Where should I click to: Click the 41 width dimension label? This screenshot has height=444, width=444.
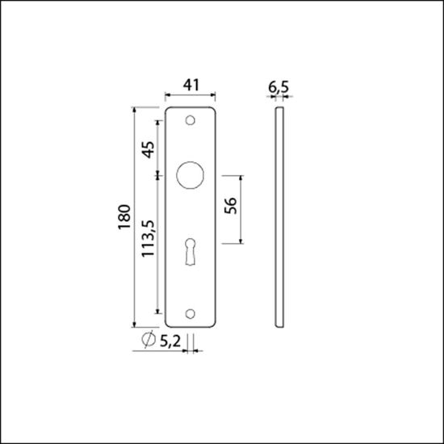point(191,83)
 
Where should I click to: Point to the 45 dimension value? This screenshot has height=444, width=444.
point(148,149)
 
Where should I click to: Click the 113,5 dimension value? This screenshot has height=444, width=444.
point(148,239)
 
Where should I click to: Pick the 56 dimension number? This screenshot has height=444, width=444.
point(230,207)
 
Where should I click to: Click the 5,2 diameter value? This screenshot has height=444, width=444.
point(170,341)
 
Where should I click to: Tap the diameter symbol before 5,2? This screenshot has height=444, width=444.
point(148,341)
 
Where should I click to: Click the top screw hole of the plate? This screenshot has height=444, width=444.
point(191,121)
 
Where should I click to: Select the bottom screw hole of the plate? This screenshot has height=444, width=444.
point(191,313)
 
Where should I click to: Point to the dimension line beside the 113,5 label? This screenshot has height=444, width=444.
point(159,242)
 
